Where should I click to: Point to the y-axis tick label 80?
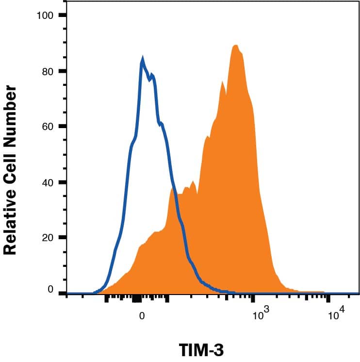(x=47, y=71)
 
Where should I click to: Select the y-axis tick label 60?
(x=47, y=127)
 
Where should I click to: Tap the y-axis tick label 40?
(x=47, y=182)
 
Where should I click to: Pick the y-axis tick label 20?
(x=47, y=238)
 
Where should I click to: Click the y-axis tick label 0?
(x=50, y=290)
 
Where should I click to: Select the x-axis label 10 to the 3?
(x=260, y=315)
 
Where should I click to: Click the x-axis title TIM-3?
(x=201, y=350)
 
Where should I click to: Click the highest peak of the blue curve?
(x=142, y=59)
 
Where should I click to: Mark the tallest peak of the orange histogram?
(x=235, y=46)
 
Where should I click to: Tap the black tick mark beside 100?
(x=62, y=16)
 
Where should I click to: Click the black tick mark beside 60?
(x=62, y=127)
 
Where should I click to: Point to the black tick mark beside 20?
(x=62, y=238)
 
